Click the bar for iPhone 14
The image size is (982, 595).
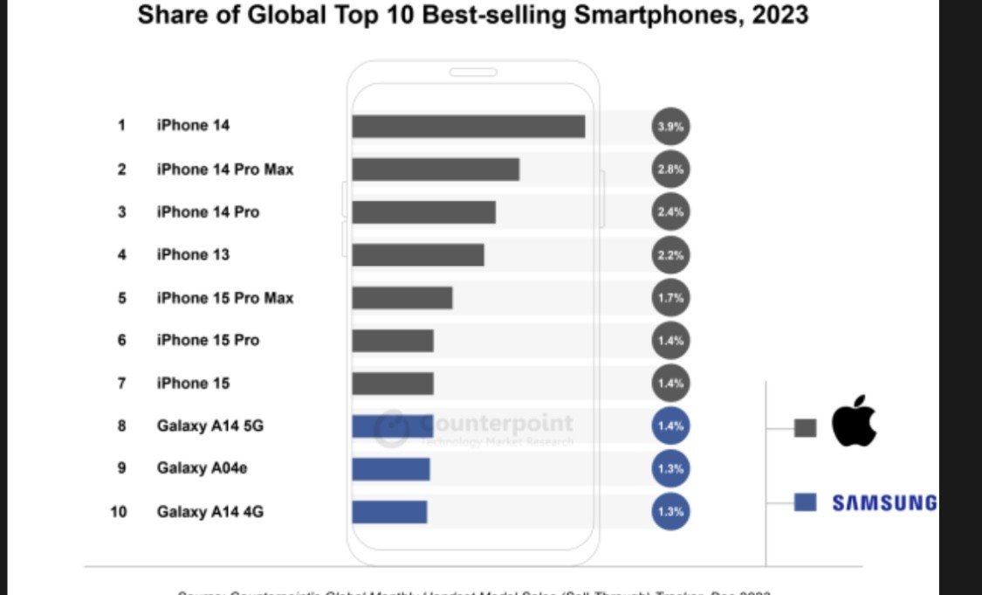468,126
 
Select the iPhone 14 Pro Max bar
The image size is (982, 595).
436,169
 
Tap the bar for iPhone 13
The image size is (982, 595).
417,254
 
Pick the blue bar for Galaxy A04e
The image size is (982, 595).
390,468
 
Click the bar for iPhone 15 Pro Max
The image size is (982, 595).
402,297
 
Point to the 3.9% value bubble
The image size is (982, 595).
670,126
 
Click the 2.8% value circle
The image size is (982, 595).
670,169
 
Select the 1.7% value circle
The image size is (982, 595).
670,297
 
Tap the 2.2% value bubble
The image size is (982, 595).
670,254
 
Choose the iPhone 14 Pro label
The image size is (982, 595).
208,211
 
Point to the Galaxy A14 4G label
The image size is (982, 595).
209,511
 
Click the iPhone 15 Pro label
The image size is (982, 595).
208,340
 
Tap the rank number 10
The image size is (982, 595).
119,511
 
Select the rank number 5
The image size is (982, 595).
122,297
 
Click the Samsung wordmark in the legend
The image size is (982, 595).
883,502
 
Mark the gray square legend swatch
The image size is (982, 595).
805,427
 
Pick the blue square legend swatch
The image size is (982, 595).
805,502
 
